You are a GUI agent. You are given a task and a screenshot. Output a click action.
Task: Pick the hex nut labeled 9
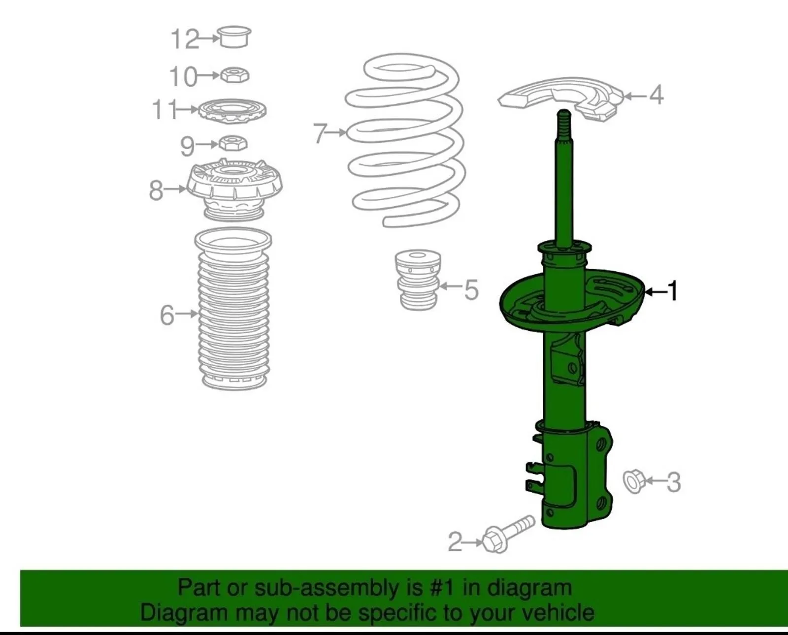[x=233, y=143]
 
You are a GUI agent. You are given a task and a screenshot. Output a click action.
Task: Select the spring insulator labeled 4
[x=560, y=98]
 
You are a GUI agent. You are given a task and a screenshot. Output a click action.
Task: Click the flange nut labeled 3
[x=634, y=482]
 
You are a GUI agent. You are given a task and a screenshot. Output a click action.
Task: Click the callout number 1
[x=673, y=292]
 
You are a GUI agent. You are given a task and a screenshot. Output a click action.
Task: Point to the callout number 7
[x=320, y=133]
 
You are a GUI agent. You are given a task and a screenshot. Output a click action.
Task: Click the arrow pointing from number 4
[x=635, y=96]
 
